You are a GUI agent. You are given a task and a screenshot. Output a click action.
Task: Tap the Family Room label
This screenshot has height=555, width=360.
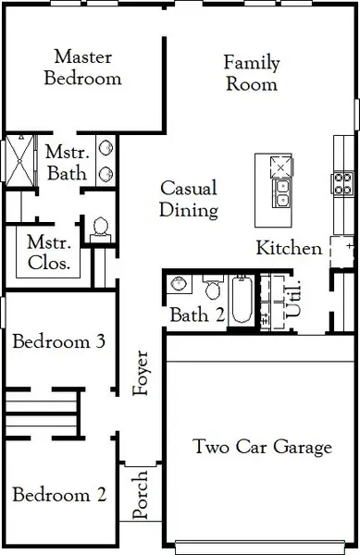(x=251, y=72)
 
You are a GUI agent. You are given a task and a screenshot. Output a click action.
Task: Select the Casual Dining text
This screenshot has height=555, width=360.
(x=189, y=199)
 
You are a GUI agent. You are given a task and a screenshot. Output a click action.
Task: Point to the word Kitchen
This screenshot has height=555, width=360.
(x=289, y=248)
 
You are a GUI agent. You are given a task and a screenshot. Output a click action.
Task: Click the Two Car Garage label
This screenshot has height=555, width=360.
(x=262, y=448)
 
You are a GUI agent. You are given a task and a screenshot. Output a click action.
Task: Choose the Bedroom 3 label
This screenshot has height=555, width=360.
(x=58, y=341)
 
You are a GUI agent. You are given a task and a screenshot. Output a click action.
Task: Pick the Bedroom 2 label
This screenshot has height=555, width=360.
(x=58, y=495)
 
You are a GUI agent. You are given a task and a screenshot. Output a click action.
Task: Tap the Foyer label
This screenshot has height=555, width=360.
(x=142, y=372)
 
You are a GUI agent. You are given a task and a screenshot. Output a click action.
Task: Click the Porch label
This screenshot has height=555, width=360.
(x=142, y=497)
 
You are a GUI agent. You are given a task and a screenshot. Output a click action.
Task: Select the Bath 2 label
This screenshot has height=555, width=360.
(x=197, y=315)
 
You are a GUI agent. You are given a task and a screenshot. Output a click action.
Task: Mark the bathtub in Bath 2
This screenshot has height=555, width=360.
(x=241, y=299)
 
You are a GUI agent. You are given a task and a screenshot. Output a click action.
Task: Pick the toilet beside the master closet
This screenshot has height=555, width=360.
(x=100, y=228)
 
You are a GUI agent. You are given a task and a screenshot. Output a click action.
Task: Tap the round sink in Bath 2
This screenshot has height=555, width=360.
(x=182, y=284)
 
